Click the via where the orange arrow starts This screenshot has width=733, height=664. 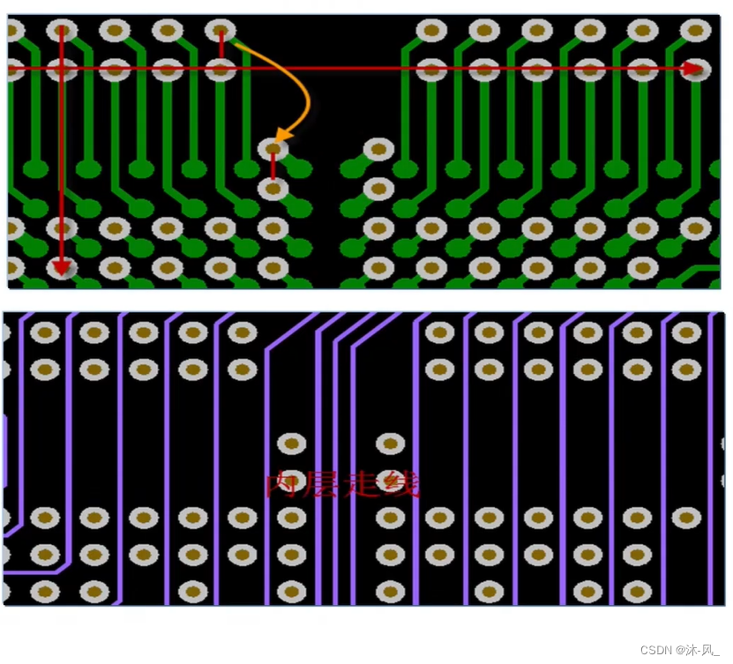(221, 31)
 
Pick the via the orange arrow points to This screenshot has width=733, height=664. (273, 149)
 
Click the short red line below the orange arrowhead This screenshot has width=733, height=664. (273, 168)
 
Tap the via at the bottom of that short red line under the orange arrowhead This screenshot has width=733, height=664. (273, 188)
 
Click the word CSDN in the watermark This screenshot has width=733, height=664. (655, 650)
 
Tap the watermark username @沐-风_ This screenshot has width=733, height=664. (699, 650)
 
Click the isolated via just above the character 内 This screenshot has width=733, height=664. (292, 444)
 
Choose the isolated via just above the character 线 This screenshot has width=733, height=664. (390, 444)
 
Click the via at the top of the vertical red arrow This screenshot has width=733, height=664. (61, 31)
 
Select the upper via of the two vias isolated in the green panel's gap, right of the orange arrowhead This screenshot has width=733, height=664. (378, 149)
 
